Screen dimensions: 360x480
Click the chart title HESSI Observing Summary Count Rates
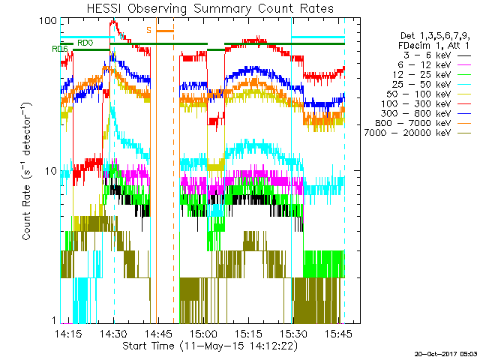201,9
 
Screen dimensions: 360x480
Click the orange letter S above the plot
149,31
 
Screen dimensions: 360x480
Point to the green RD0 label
85,43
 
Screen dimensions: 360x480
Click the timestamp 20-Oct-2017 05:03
445,353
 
